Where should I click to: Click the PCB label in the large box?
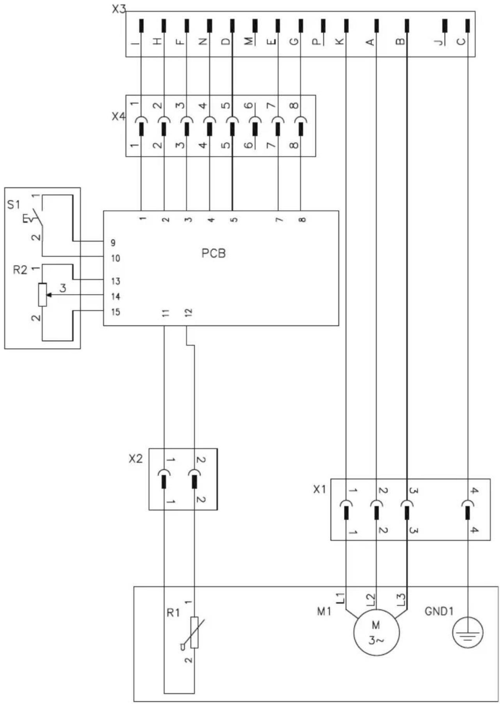213,254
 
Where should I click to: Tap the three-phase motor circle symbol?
376,632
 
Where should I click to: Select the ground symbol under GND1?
468,632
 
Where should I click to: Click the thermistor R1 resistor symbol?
194,633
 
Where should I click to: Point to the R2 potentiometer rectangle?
43,295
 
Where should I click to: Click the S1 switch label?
13,204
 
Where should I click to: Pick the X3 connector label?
119,9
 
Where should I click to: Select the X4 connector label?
119,116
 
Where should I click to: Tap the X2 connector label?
136,459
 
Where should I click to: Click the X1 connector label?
319,489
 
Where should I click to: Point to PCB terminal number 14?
115,297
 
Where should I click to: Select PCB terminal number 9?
113,243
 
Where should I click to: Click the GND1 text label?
439,611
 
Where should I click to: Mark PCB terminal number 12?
188,313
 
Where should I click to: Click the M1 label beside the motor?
324,612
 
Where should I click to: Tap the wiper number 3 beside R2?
63,288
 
